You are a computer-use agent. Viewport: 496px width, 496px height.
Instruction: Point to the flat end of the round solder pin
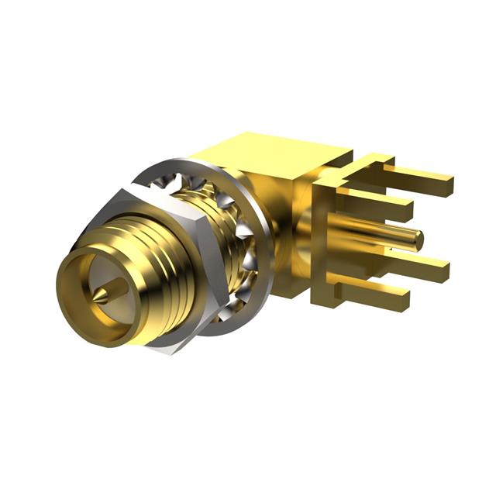point(419,238)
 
